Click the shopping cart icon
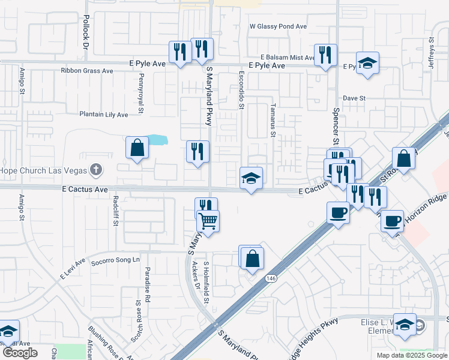coord(208,221)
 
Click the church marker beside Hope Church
coord(95,170)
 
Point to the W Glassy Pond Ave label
coord(279,26)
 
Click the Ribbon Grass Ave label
coord(87,71)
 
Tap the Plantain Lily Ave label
coord(104,114)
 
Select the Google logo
coord(20,353)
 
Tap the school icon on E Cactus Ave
coord(252,178)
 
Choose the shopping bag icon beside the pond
coord(137,147)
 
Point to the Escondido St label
coord(242,95)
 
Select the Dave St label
coord(354,98)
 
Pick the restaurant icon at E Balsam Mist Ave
coord(325,55)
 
